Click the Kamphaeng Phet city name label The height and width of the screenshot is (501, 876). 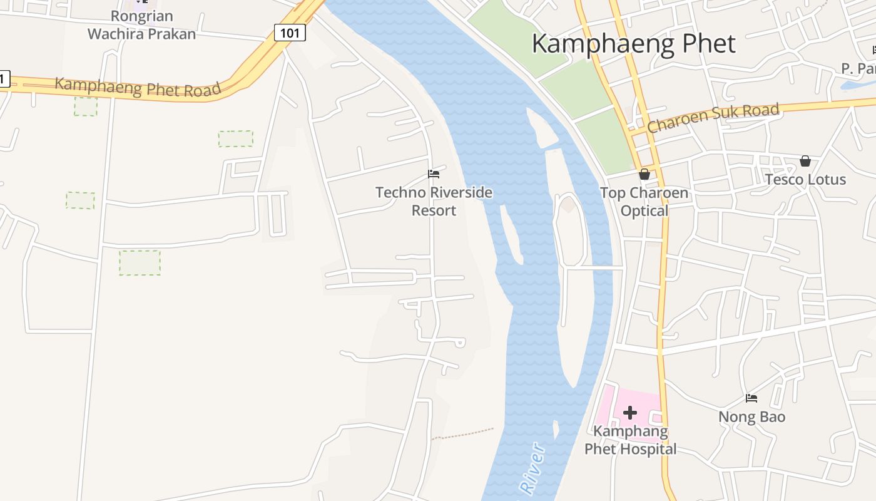(x=633, y=44)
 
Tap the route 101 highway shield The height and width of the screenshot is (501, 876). (x=290, y=32)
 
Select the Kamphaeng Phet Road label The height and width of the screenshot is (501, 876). (x=138, y=86)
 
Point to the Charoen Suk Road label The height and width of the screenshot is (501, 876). (x=713, y=118)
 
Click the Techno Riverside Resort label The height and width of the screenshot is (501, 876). (x=434, y=201)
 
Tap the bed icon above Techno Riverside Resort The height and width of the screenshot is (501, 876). (x=434, y=174)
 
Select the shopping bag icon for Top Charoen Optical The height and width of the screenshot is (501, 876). (x=644, y=174)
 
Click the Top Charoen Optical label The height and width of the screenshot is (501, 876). (x=644, y=201)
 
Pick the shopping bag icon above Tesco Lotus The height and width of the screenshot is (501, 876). (x=805, y=162)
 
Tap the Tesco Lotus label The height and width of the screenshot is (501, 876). (x=805, y=179)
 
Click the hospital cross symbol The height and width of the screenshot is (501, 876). (x=630, y=412)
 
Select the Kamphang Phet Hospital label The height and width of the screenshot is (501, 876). (x=630, y=440)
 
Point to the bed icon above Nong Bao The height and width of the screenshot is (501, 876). (x=751, y=398)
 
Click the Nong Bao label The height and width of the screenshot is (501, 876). (x=751, y=416)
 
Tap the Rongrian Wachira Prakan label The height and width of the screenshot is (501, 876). (x=141, y=25)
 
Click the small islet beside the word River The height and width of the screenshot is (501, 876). (x=556, y=430)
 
